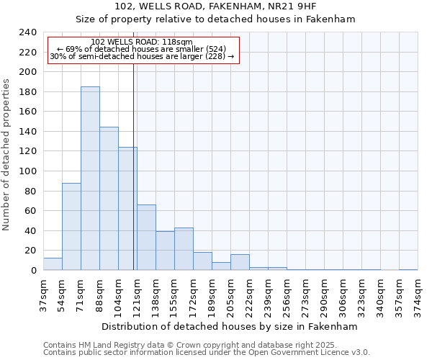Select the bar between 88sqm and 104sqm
(x=109, y=199)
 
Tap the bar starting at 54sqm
(x=71, y=227)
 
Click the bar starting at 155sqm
(x=184, y=249)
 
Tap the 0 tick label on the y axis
(x=33, y=271)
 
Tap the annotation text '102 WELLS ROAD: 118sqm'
(x=142, y=42)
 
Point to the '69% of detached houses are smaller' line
(x=142, y=49)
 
